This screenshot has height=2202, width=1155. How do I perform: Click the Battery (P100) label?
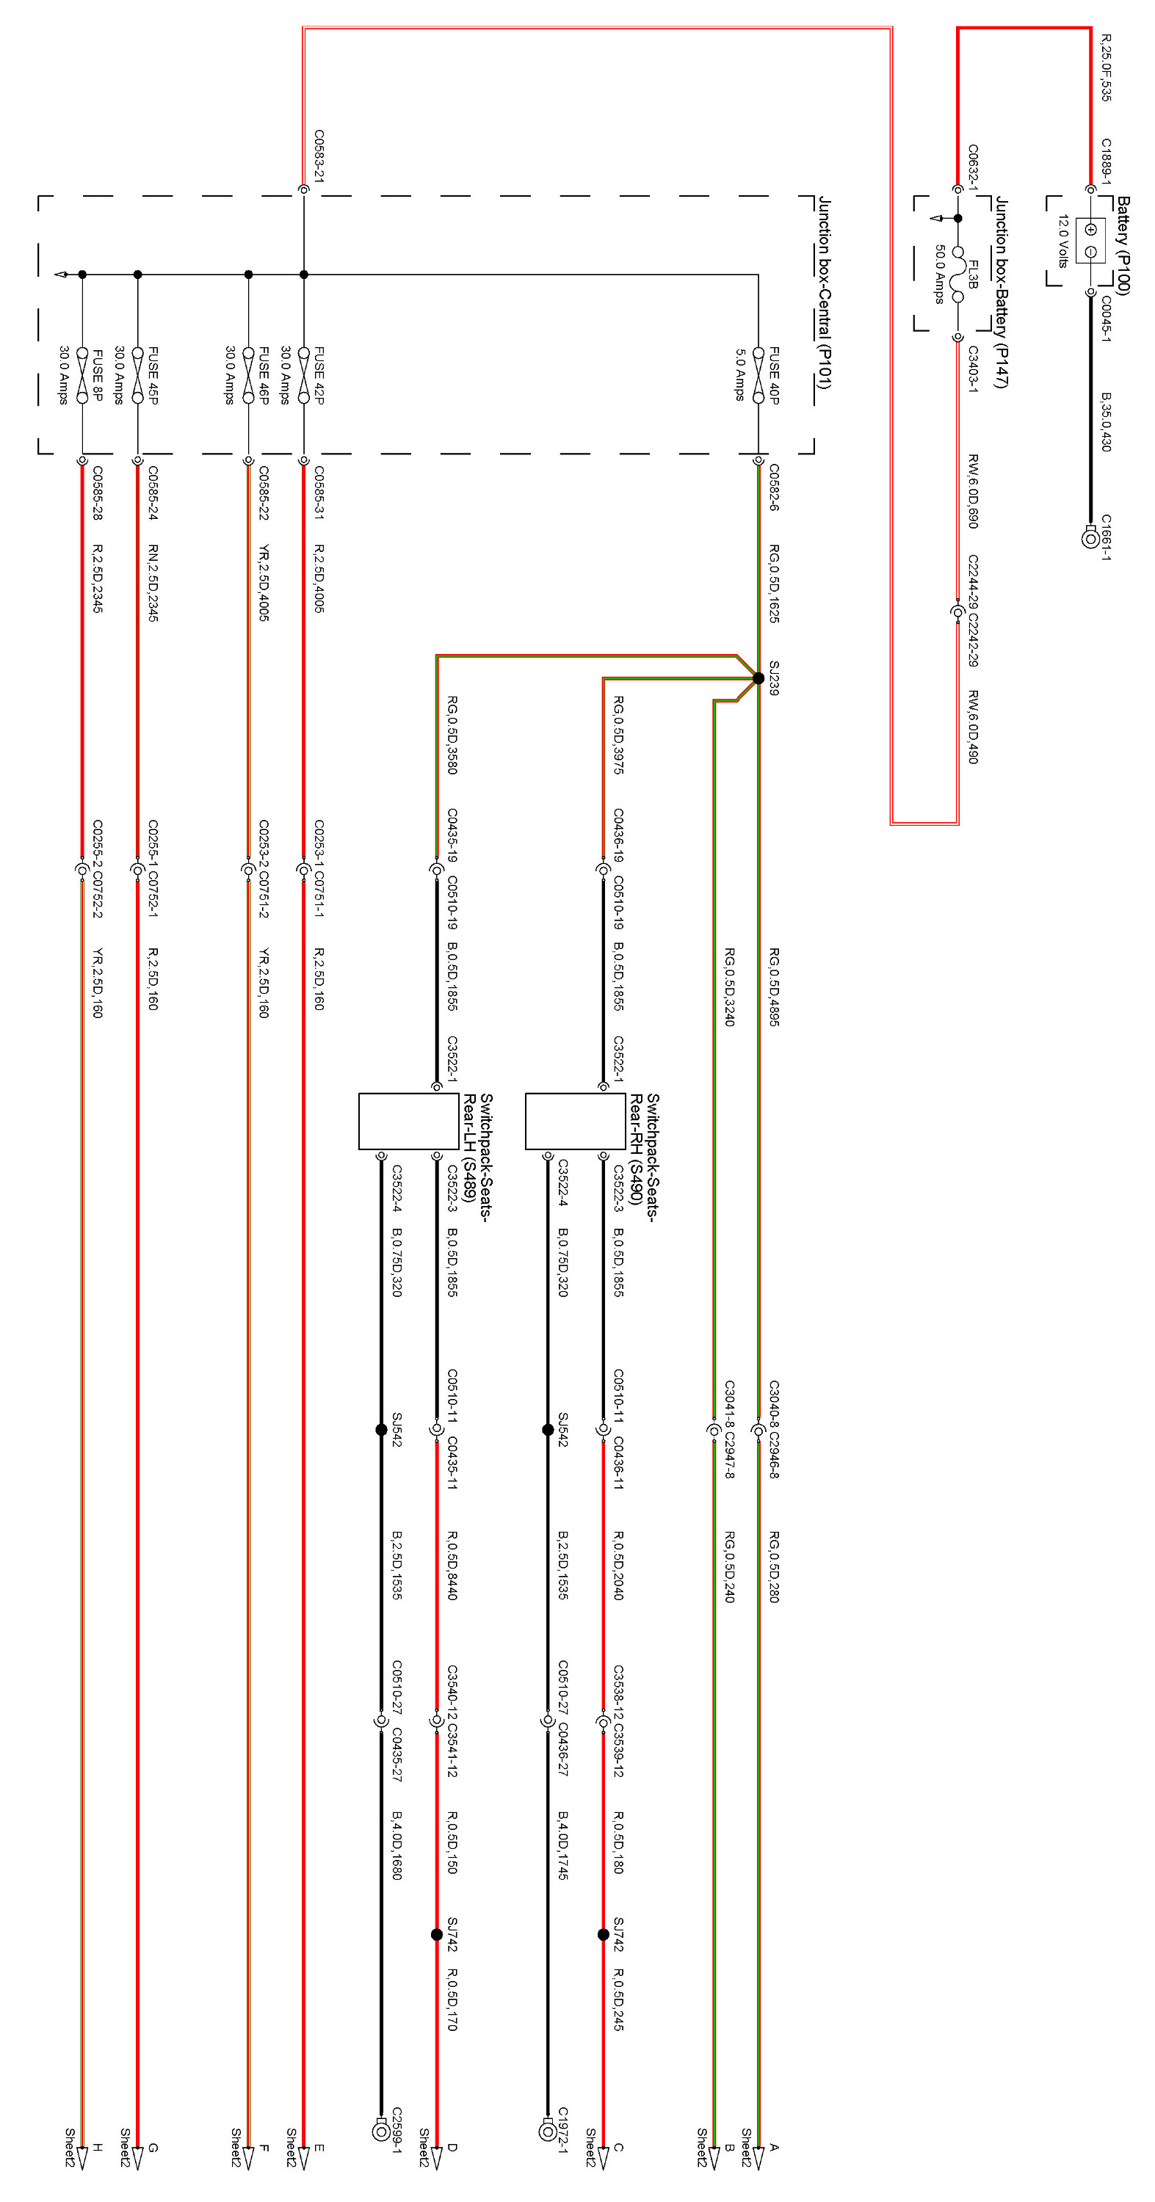click(x=1123, y=245)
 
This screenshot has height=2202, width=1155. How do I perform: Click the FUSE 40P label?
click(x=774, y=375)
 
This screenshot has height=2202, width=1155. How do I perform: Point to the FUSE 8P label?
click(x=98, y=375)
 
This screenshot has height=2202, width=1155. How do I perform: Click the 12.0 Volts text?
click(x=1062, y=240)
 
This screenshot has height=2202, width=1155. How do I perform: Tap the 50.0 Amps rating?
click(x=938, y=274)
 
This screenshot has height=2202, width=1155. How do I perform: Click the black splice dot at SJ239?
click(x=758, y=678)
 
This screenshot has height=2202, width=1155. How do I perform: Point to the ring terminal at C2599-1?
click(x=381, y=2131)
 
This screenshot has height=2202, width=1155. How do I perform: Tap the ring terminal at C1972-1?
click(x=548, y=2131)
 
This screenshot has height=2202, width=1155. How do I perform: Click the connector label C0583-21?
click(x=319, y=156)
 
